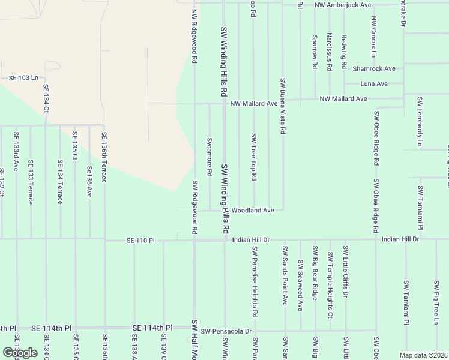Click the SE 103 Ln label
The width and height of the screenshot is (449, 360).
pyautogui.click(x=23, y=78)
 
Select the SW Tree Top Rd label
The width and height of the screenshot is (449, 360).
pyautogui.click(x=254, y=157)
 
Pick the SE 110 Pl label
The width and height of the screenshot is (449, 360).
pyautogui.click(x=140, y=241)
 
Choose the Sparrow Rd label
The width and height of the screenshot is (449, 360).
pyautogui.click(x=314, y=52)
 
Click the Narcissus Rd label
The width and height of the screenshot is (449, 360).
pyautogui.click(x=329, y=52)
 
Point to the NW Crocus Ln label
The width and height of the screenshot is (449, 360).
pyautogui.click(x=373, y=37)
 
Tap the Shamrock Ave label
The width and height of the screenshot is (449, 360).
pyautogui.click(x=374, y=69)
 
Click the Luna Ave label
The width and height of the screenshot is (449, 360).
pyautogui.click(x=373, y=83)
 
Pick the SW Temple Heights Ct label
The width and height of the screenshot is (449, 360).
pyautogui.click(x=330, y=285)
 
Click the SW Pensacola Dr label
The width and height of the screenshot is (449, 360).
pyautogui.click(x=226, y=331)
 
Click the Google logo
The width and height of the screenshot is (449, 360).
pyautogui.click(x=20, y=353)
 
